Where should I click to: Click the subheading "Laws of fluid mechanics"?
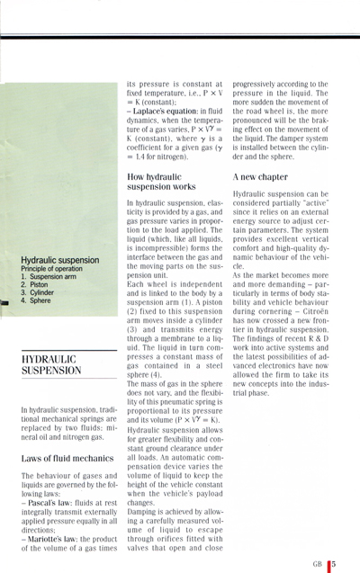(x=59, y=458)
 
